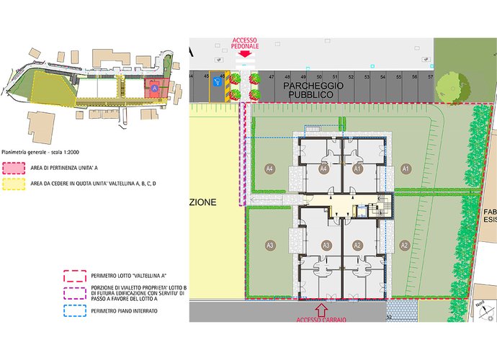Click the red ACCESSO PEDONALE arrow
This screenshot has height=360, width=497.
coord(245,53)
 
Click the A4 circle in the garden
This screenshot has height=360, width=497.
coord(270,168)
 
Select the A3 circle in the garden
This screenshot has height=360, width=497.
coord(270,246)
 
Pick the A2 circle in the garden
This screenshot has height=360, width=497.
coord(404,246)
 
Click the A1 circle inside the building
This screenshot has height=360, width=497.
coord(357,168)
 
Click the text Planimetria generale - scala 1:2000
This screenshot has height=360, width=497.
coord(41,153)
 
